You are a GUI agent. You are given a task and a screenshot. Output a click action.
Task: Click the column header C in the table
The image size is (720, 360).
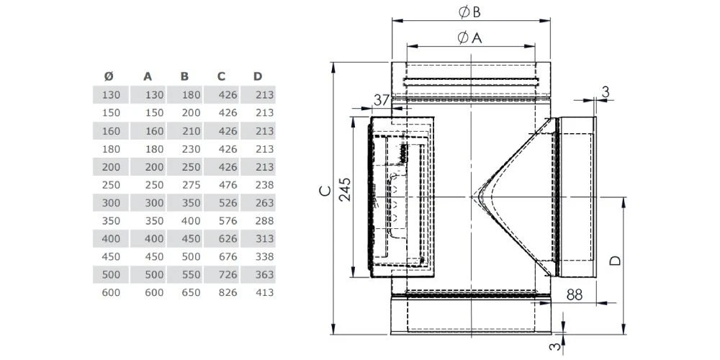[x=221, y=76]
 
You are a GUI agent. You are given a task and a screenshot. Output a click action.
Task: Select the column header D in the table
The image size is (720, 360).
[x=258, y=76]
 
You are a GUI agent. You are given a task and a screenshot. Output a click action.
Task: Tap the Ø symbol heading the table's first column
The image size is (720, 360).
[x=109, y=76]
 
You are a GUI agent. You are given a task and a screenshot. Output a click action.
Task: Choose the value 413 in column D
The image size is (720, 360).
[x=264, y=292]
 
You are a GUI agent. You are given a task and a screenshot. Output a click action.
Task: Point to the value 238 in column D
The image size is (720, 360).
[x=264, y=184]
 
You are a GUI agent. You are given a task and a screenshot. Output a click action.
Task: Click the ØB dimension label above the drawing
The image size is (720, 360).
[x=468, y=12]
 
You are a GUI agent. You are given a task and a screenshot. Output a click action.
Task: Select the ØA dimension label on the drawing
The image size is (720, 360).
[x=469, y=38]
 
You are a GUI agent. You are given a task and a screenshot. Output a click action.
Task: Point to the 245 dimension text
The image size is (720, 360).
[x=346, y=190]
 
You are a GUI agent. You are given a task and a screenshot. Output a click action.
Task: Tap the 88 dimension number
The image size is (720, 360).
[x=574, y=293]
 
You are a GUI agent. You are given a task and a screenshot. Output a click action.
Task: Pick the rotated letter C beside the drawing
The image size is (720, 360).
[x=325, y=190]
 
